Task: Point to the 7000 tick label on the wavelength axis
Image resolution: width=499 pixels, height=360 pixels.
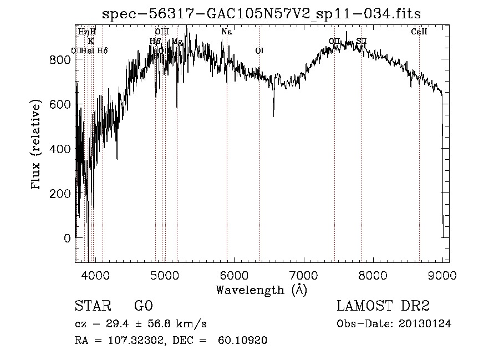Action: (303, 275)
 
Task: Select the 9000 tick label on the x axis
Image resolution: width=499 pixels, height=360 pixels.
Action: (442, 275)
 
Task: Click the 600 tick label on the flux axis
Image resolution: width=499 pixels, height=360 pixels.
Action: (60, 104)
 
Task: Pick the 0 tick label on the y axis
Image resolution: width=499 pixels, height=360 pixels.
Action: (67, 239)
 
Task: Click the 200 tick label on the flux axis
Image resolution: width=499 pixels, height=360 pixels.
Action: (60, 194)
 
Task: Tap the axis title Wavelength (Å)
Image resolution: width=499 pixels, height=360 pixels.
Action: (261, 290)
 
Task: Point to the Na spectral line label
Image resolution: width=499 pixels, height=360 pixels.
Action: (226, 32)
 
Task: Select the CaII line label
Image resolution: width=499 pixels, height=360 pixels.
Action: (419, 32)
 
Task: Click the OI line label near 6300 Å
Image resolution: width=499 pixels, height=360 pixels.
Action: (259, 51)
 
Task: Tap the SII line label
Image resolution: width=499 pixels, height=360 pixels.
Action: (361, 42)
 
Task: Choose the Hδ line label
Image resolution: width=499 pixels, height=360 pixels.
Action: (102, 51)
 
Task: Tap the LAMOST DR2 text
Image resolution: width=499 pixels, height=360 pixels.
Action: (383, 306)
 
